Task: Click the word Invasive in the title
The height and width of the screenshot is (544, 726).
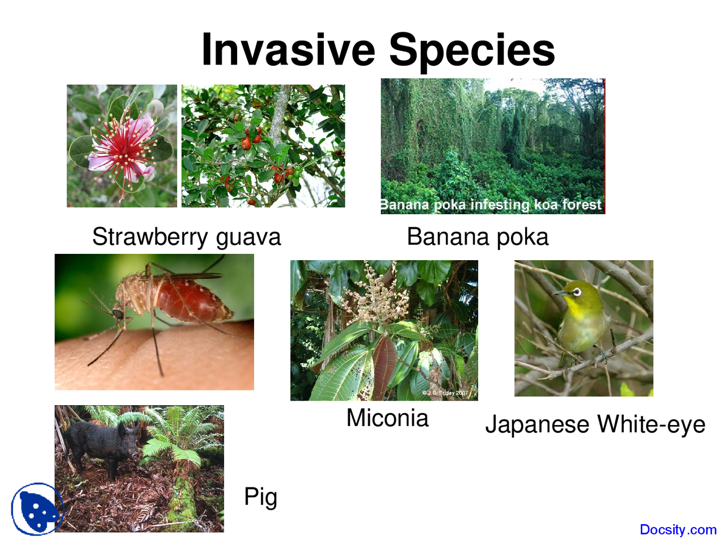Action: [x=288, y=50]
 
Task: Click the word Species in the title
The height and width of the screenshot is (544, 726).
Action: [x=471, y=50]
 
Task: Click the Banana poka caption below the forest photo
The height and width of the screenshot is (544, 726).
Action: [x=478, y=237]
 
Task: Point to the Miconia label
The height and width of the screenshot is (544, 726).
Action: [x=387, y=418]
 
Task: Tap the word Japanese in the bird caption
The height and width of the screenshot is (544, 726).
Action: [x=537, y=425]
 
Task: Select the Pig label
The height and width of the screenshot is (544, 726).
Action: [x=260, y=497]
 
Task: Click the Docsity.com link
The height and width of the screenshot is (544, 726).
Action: [x=678, y=530]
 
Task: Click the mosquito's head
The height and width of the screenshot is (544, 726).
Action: [x=119, y=313]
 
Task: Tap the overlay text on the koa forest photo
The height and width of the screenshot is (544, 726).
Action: [x=491, y=205]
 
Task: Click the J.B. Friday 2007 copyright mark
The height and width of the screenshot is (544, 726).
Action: [x=446, y=393]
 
